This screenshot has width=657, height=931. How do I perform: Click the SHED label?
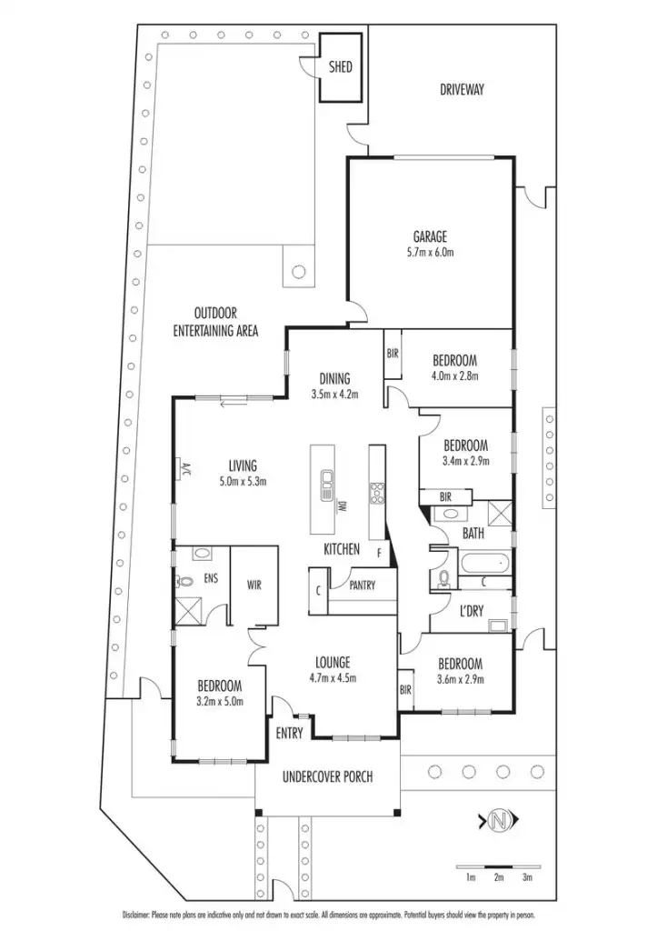coord(340,67)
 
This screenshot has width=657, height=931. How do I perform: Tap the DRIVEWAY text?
coord(462,89)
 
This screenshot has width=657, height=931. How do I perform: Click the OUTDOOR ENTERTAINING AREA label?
coord(215,322)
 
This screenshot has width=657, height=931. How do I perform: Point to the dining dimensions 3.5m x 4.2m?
coord(334,395)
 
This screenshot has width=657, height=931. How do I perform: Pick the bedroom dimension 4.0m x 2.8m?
coord(454,375)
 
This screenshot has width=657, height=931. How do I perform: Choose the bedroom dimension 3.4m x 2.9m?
coord(465,461)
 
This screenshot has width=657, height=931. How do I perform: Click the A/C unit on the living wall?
coord(182,468)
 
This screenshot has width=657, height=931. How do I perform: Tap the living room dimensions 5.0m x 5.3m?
coord(243,481)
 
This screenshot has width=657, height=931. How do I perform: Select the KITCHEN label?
coord(343,550)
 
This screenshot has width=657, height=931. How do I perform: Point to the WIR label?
coord(254,586)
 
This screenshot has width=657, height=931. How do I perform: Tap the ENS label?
coord(211,576)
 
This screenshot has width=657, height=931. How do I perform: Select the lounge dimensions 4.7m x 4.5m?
coord(333,678)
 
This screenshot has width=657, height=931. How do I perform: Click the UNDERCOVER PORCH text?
coord(327,776)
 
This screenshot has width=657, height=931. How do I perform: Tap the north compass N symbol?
coord(498,822)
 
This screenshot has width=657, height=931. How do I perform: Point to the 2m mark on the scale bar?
coord(499,877)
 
